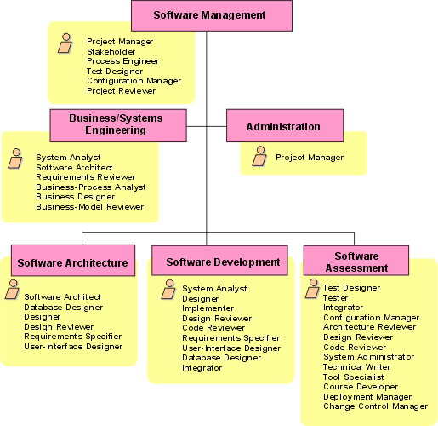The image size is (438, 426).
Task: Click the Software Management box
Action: tap(210, 15)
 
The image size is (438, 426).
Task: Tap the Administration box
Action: tap(283, 126)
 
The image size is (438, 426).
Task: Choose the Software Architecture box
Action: tap(73, 262)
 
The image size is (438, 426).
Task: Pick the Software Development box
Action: tap(223, 262)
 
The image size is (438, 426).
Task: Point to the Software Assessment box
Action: tap(356, 262)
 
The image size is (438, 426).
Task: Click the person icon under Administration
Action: tap(260, 156)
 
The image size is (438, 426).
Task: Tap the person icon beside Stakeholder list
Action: tap(65, 43)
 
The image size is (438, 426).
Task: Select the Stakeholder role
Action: tap(111, 51)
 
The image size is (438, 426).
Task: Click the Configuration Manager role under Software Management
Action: tap(134, 81)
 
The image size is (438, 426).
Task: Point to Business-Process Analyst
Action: tap(90, 187)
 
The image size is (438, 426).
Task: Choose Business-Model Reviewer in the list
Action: tap(89, 206)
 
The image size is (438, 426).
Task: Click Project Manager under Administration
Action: tap(310, 157)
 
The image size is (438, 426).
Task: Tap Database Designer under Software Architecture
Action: tap(63, 307)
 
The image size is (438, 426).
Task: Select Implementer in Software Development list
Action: tap(208, 308)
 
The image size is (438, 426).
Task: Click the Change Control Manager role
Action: tap(375, 406)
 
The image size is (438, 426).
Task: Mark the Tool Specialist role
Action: tap(354, 377)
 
